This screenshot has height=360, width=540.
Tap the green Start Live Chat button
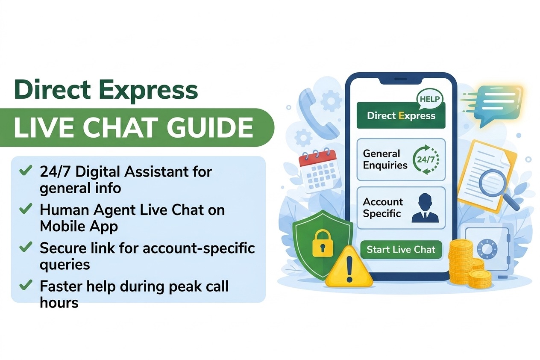(401, 250)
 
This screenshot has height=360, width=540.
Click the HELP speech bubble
(430, 99)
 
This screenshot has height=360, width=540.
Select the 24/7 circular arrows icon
(426, 159)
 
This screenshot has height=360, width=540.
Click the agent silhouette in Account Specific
(425, 208)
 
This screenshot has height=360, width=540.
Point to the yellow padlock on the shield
(323, 243)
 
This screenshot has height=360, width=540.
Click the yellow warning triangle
(349, 267)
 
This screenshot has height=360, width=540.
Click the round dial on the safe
(487, 249)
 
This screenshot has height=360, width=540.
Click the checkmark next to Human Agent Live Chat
(26, 209)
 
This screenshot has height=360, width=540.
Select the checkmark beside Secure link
(26, 247)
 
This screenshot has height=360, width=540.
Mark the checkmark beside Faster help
(26, 285)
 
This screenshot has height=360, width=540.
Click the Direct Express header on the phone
(401, 116)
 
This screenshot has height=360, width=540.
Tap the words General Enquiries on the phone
(385, 159)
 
